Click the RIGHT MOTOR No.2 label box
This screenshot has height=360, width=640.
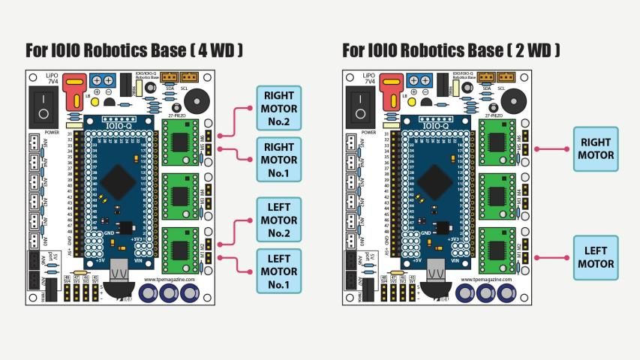tap(279, 108)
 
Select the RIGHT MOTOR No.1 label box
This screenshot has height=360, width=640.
tap(279, 159)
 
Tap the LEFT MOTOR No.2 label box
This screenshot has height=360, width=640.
tap(279, 220)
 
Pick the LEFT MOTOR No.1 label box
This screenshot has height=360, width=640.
tap(279, 271)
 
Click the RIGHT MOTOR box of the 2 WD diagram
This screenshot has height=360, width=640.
tap(596, 148)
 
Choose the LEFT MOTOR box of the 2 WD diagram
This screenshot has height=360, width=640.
tap(596, 257)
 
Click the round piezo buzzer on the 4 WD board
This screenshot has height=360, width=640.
tap(197, 100)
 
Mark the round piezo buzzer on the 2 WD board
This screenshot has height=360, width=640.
tap(514, 100)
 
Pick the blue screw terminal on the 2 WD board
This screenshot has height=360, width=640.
tap(419, 80)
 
